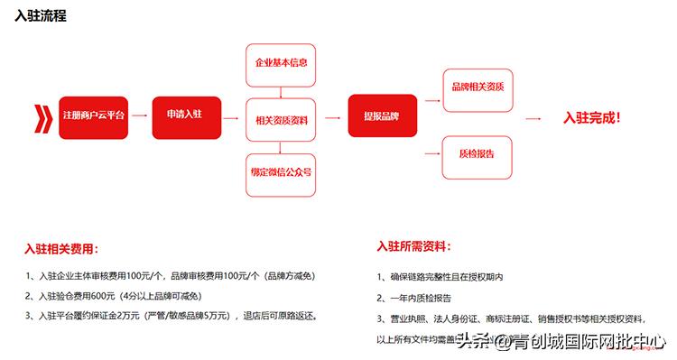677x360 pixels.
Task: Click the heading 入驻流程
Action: (x=41, y=16)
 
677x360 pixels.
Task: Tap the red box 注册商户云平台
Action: (x=94, y=117)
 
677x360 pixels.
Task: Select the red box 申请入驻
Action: (x=187, y=117)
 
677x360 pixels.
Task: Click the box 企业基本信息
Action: (x=281, y=63)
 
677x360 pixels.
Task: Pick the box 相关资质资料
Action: (x=281, y=118)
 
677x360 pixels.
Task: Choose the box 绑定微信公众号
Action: (x=281, y=171)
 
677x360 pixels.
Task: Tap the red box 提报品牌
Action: (x=383, y=117)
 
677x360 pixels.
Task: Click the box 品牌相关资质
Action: (x=478, y=88)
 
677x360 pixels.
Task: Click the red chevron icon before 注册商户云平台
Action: (x=41, y=117)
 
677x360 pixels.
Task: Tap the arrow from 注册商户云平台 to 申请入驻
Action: (x=139, y=117)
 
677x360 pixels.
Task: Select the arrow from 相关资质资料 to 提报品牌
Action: (x=331, y=117)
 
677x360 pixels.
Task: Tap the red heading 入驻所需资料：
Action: (x=414, y=246)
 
